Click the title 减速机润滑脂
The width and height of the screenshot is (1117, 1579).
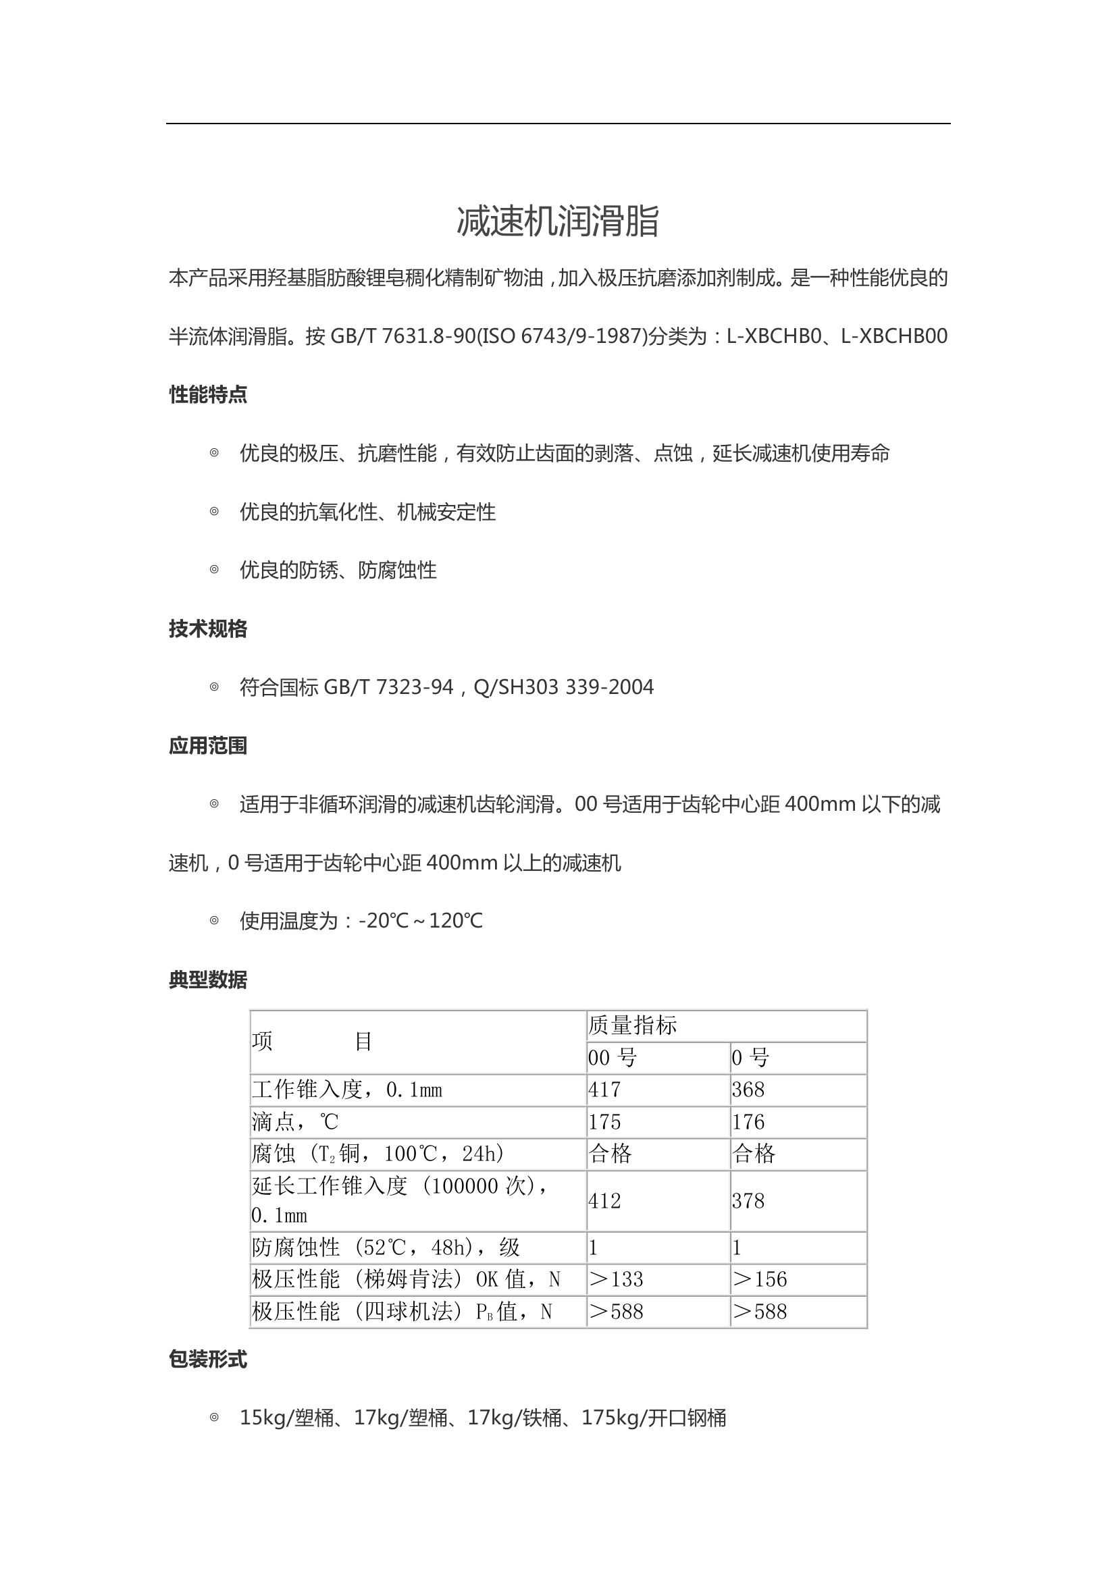coord(558,221)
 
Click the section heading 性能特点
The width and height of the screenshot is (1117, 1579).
coord(208,395)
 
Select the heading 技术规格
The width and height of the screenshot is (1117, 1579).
coord(208,628)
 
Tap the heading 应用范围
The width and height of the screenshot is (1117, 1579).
coord(208,745)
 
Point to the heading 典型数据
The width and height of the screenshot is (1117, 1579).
coord(208,980)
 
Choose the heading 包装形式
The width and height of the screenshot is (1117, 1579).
coord(208,1359)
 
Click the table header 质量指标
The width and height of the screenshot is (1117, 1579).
coord(632,1025)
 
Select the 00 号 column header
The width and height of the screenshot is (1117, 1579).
coord(612,1058)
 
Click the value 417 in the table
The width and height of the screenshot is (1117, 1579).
coord(604,1090)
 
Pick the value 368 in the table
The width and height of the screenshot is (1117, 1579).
coord(748,1090)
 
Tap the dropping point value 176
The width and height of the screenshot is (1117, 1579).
coord(748,1122)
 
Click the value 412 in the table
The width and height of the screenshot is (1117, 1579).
coord(604,1201)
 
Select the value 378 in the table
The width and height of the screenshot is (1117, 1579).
coord(748,1201)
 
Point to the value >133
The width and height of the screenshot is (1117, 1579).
coord(617,1279)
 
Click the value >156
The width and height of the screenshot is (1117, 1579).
coord(760,1279)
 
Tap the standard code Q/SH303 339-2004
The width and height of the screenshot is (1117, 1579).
coord(563,687)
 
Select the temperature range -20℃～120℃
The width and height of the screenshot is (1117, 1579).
coord(420,921)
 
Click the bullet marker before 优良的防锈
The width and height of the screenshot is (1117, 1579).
coord(214,570)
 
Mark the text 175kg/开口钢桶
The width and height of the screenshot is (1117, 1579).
coord(654,1418)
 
